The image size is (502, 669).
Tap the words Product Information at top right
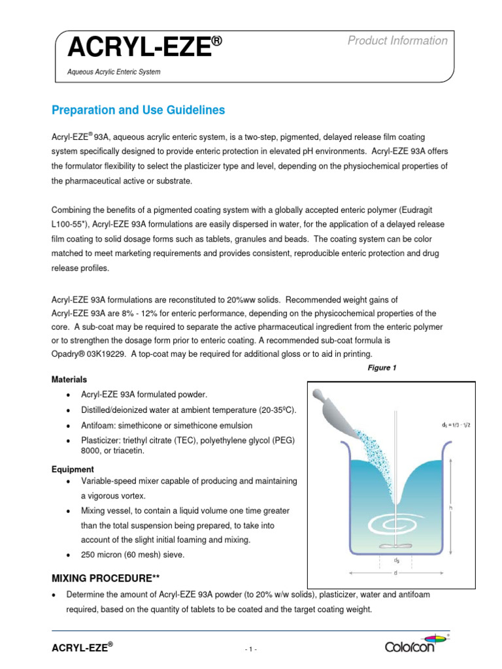397,41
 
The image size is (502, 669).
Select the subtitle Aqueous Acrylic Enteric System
114,72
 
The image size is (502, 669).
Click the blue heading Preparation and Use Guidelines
138,110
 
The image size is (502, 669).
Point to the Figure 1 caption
382,368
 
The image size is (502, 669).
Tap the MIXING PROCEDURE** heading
105,579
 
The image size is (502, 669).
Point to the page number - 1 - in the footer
251,649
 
